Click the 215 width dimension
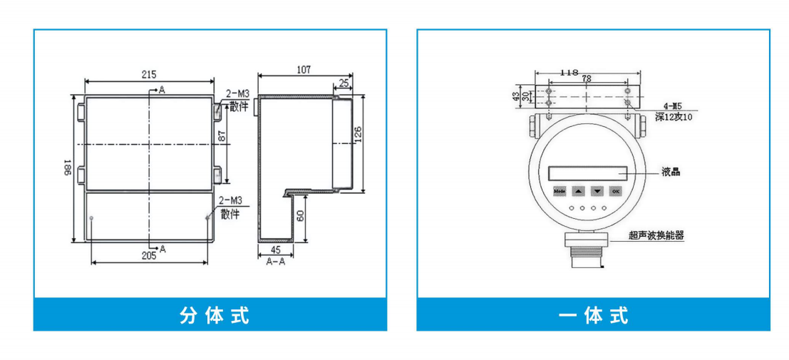(148, 74)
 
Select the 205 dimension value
(148, 255)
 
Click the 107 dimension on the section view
(304, 69)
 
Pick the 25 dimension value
(344, 83)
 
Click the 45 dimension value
(274, 250)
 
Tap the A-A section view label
(275, 262)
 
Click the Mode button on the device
(559, 191)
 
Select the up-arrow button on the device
(579, 191)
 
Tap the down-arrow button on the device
(597, 191)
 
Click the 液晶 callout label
(671, 172)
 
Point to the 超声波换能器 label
(656, 235)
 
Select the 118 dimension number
(569, 72)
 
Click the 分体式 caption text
(214, 315)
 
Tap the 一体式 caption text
(593, 315)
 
